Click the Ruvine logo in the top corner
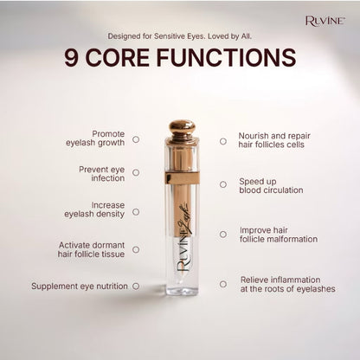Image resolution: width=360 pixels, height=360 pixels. [325, 21]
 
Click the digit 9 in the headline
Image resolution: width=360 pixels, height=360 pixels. [71, 58]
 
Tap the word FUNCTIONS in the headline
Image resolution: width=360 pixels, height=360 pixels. [226, 58]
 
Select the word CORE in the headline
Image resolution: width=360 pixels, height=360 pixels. [118, 58]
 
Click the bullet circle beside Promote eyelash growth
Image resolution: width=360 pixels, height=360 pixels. [136, 139]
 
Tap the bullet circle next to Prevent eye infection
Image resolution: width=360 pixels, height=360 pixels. [136, 172]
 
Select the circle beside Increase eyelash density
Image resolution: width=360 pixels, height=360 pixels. [136, 212]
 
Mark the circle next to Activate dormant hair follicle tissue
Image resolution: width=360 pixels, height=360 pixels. [136, 249]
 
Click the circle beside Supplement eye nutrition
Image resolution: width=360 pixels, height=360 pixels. [136, 286]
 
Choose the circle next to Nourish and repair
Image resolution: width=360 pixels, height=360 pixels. [223, 141]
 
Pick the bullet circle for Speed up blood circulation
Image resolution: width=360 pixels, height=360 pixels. [223, 184]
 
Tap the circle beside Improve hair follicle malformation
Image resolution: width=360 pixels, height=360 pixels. [223, 235]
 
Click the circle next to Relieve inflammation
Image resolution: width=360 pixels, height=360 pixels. [223, 284]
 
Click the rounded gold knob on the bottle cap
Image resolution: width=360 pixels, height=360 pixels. [182, 127]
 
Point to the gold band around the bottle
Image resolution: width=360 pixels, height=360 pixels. [182, 178]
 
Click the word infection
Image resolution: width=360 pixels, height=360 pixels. [108, 178]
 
